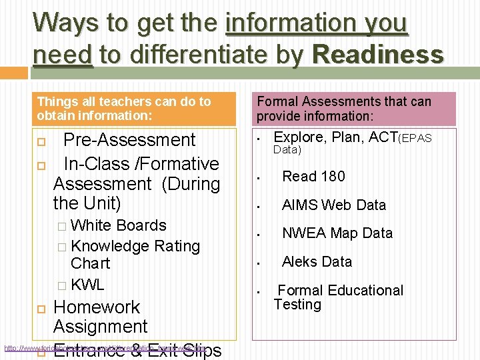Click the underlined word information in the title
click(317, 23)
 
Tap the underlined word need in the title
click(62, 54)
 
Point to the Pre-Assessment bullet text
click(129, 140)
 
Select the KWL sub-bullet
click(87, 285)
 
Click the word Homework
click(96, 307)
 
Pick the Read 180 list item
click(313, 176)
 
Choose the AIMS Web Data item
click(333, 205)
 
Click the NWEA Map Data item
click(337, 233)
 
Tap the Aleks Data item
click(317, 261)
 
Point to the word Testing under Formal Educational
click(297, 305)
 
